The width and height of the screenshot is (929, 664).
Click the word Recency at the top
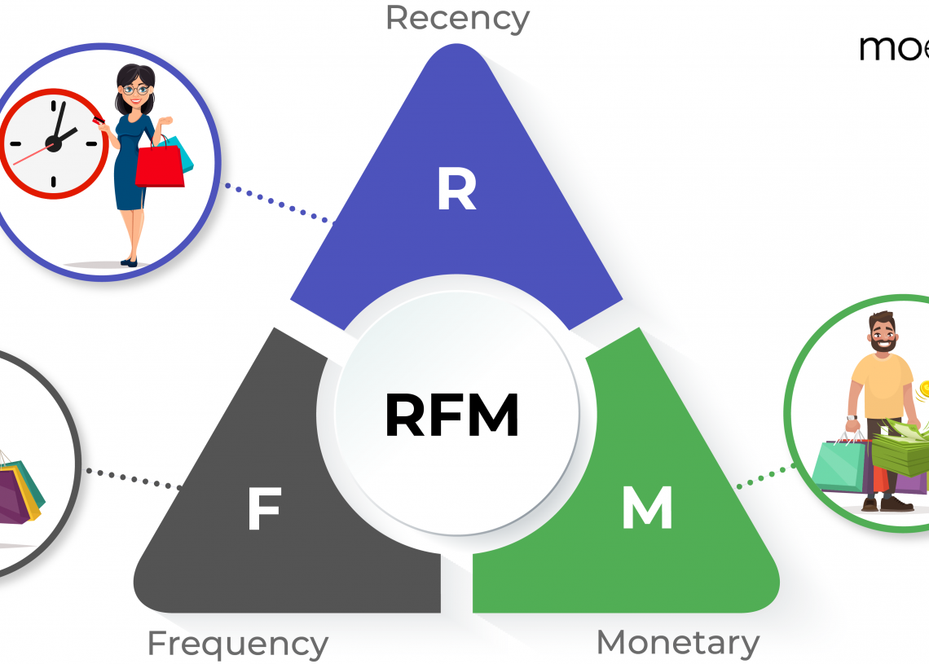click(457, 18)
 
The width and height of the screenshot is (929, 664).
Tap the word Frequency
click(237, 644)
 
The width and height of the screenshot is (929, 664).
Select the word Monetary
click(678, 643)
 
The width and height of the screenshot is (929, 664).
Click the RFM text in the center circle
click(451, 415)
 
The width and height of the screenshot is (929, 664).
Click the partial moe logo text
click(893, 47)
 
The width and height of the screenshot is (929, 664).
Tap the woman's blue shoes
click(130, 262)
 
